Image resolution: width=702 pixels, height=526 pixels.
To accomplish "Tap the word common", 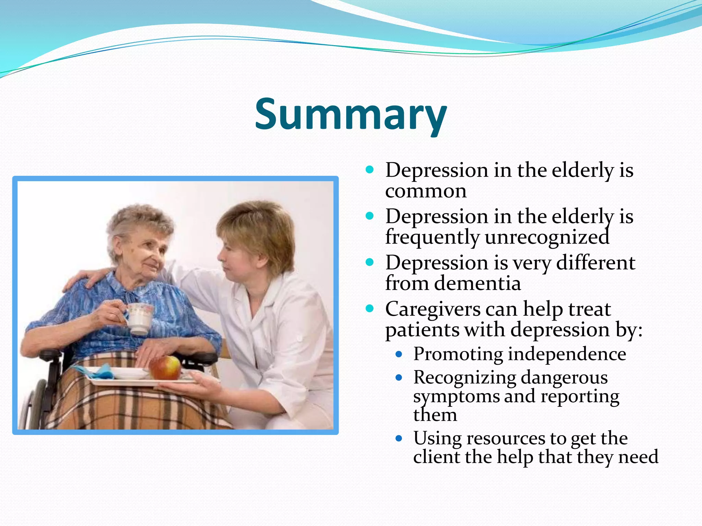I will click(x=426, y=191).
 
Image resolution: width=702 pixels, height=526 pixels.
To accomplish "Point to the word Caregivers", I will click(x=433, y=309).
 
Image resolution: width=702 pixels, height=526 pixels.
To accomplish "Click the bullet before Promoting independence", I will click(x=398, y=355).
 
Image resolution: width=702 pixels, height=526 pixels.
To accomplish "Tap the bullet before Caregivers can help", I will click(x=370, y=309).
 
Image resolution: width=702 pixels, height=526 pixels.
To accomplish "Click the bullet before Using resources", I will click(x=398, y=438).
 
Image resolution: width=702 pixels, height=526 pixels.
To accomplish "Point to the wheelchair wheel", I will click(x=33, y=404).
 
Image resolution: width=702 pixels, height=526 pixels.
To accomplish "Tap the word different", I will click(x=596, y=263).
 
